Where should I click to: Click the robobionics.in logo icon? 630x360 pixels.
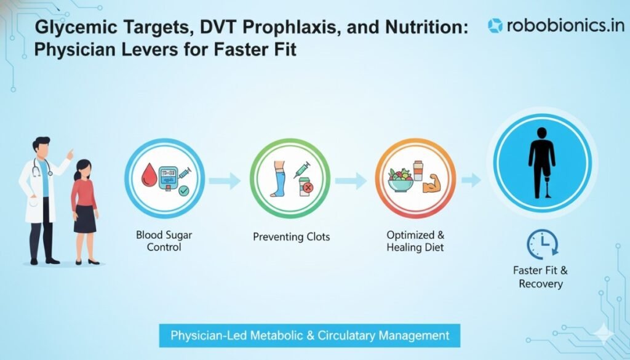coord(495,25)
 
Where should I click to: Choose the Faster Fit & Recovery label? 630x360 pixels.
coord(540,276)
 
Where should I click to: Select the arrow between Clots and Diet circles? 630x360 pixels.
coord(350,181)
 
